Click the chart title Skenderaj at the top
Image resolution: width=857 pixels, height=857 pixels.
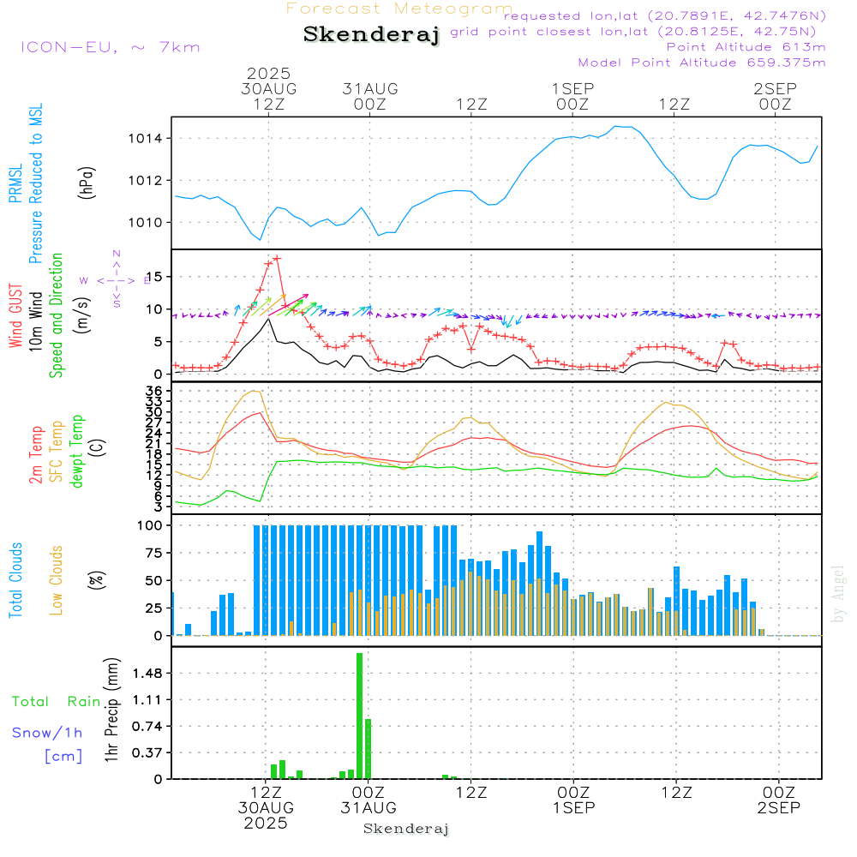point(371,34)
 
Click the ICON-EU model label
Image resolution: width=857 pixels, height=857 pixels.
point(110,47)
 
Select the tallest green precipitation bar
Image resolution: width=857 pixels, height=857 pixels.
point(360,716)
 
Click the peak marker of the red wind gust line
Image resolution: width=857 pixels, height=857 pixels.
point(277,258)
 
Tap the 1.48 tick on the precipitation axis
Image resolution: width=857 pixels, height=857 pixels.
point(147,674)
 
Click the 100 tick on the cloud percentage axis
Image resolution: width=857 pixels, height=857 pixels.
point(151,525)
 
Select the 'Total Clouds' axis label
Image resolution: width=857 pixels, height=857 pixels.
point(15,580)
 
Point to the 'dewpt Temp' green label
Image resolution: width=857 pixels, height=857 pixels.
point(77,451)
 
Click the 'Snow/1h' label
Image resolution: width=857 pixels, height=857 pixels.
point(48,733)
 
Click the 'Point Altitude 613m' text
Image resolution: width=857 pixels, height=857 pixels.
point(746,46)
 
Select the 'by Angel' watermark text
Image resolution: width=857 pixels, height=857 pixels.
point(839,593)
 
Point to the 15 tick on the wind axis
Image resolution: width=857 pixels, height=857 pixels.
point(156,277)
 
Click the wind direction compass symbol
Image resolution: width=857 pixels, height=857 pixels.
point(116,279)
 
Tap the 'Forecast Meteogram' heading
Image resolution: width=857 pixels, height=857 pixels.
point(399,9)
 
